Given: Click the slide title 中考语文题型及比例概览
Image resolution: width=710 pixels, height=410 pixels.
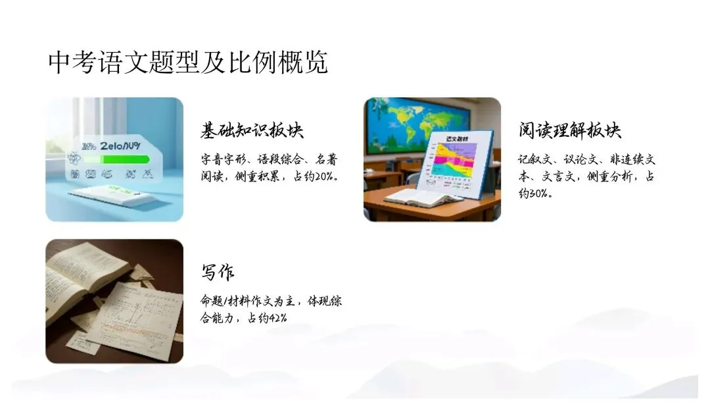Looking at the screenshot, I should [x=188, y=63].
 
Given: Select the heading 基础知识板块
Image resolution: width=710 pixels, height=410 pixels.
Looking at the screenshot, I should [x=252, y=130].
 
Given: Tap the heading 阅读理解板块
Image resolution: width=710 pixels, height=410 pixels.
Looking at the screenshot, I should [x=570, y=130].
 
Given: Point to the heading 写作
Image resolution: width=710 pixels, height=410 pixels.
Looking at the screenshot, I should [x=218, y=272].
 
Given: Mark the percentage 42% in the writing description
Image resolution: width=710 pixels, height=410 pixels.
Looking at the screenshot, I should [x=279, y=319].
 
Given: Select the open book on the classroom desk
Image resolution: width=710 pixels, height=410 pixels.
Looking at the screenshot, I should [x=421, y=197].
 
